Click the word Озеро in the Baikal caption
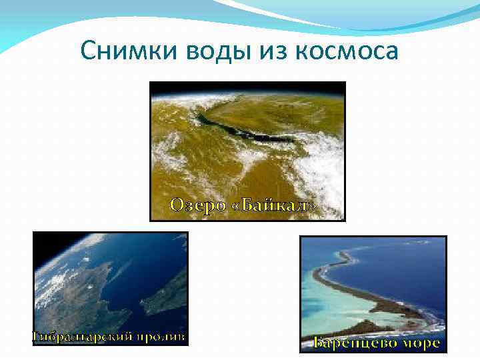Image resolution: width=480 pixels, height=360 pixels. pos(198,205)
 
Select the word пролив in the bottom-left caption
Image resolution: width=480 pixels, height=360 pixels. pos(162,337)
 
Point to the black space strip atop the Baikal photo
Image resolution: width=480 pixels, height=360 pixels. pos(247,87)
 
